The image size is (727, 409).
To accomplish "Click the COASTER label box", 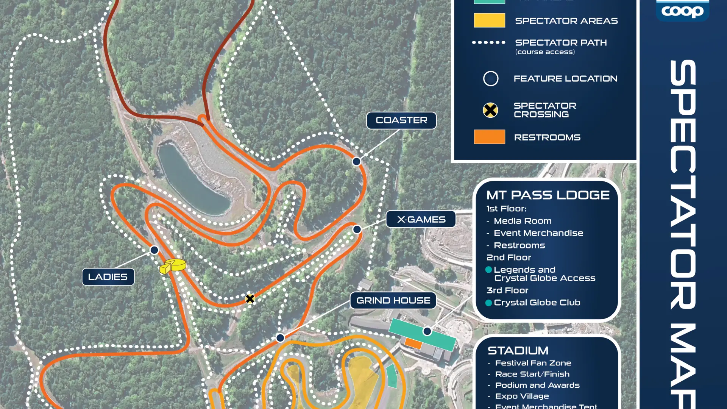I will (401, 120).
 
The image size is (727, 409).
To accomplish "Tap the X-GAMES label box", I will (421, 219).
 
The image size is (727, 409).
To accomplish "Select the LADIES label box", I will (108, 277).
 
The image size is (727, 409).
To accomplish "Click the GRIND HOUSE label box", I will (393, 301).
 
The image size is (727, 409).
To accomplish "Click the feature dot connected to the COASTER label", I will (356, 162).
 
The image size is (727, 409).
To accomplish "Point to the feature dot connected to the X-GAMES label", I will (357, 229).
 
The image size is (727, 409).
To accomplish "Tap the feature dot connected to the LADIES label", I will (154, 250).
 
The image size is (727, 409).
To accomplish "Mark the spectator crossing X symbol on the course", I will (250, 299).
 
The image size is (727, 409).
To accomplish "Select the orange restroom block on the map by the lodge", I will (413, 343).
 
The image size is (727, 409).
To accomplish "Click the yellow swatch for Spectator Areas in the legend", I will (489, 20).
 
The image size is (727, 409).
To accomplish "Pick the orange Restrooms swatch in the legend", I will (489, 137).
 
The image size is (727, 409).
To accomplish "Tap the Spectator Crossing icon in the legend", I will (490, 110).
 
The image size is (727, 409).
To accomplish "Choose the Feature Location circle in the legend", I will (491, 79).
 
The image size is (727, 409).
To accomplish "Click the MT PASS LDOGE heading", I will (548, 195).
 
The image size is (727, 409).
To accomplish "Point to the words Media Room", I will (523, 221).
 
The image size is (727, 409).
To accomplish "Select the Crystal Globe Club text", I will (537, 303).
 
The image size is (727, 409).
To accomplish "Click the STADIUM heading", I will (518, 351).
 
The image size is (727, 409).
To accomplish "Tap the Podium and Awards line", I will (537, 385).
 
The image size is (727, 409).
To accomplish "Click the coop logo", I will (682, 11).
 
